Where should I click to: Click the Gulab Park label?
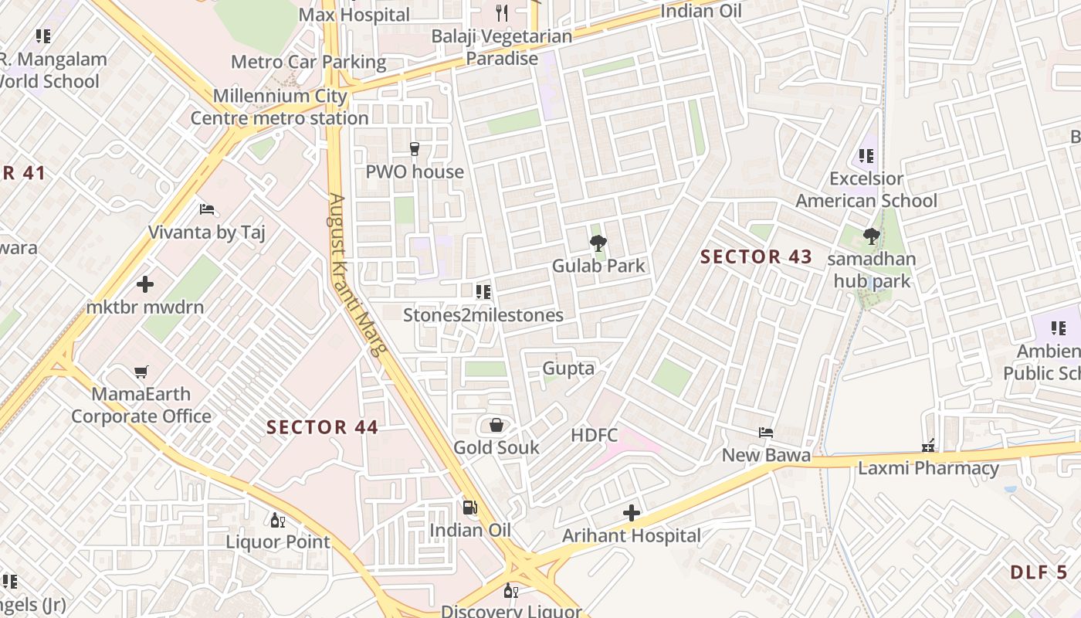coord(598,266)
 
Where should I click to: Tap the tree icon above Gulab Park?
coord(598,244)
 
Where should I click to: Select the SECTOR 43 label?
coord(756,257)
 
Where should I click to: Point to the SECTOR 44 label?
coord(322,427)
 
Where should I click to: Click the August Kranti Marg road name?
coord(356,274)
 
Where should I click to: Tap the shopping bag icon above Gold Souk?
coord(496,425)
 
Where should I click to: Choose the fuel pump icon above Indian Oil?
coord(469,508)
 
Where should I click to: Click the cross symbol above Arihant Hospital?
coord(632,513)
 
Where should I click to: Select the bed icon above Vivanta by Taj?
coord(206,209)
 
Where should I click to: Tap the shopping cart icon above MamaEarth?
coord(141,372)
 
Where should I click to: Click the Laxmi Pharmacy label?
coord(928,468)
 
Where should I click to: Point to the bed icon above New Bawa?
coord(765,433)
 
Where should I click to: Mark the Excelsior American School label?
coord(866,190)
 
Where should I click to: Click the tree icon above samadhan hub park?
coord(872,236)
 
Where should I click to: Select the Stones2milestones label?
coord(483,315)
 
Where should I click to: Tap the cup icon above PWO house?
coord(415,149)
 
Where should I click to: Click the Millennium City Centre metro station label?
coord(280,107)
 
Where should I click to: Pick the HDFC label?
coord(595,435)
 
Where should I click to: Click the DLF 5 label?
coord(1039,572)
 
